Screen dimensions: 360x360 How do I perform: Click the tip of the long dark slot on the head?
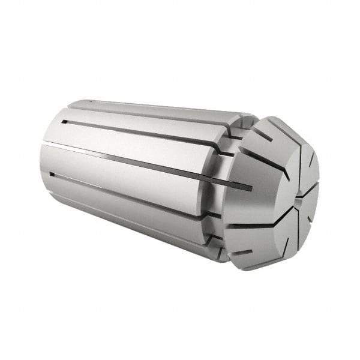coord(250,188)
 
